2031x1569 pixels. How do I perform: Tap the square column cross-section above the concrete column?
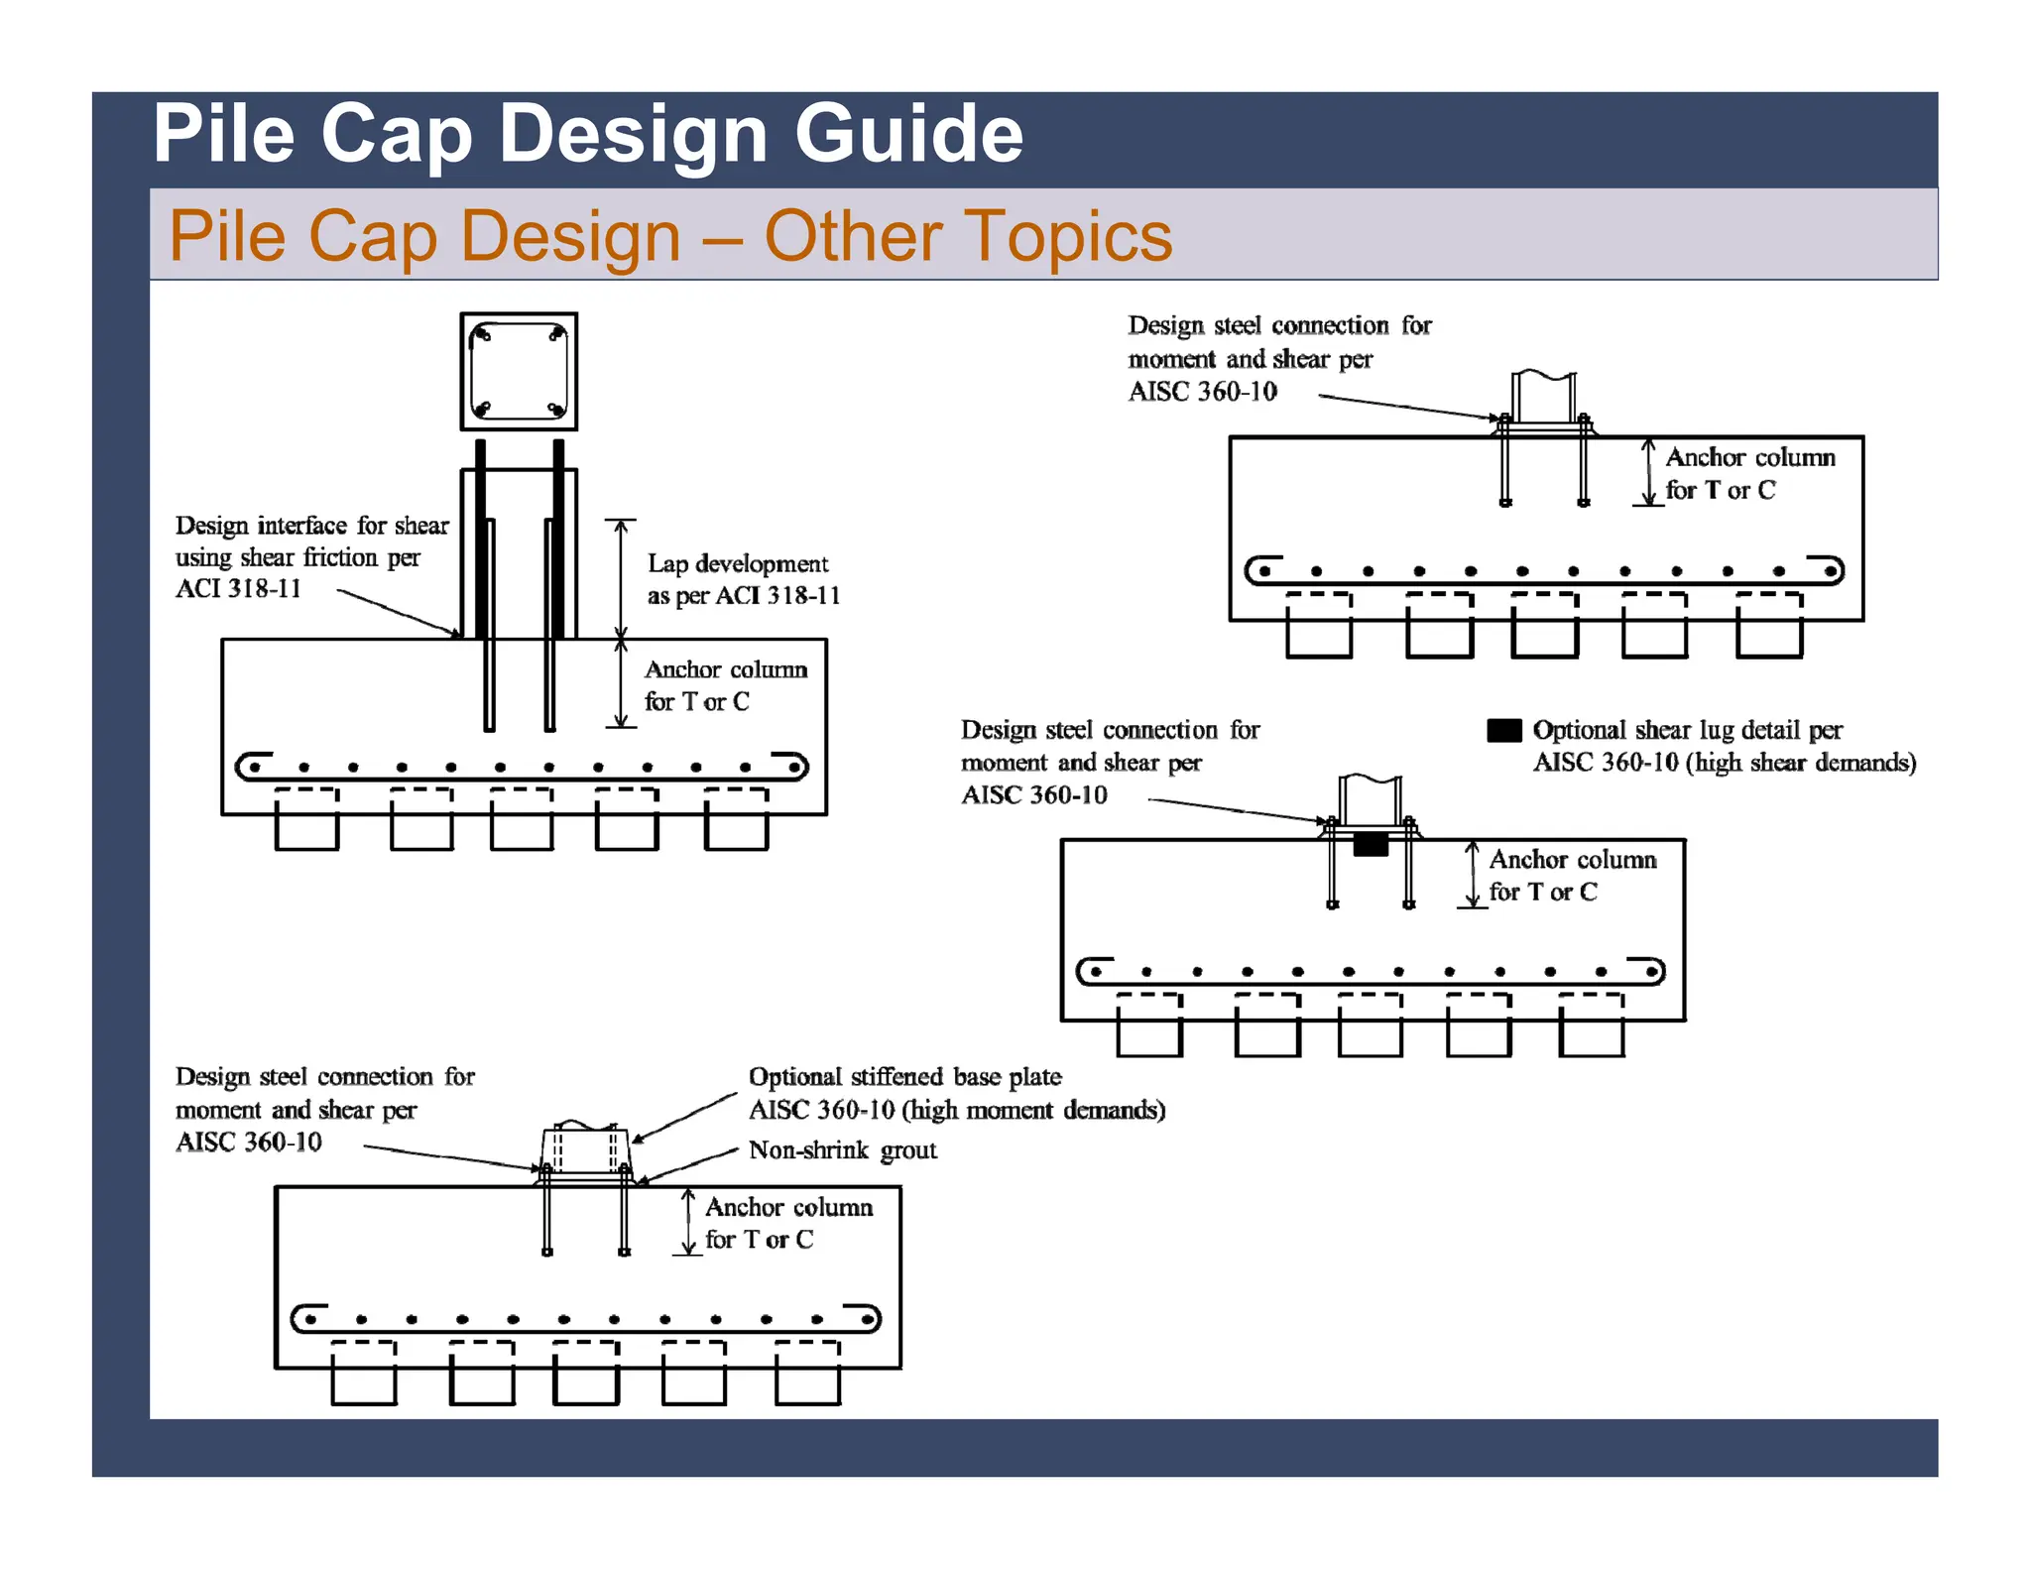pyautogui.click(x=519, y=372)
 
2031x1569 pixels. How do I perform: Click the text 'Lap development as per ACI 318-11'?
pyautogui.click(x=743, y=579)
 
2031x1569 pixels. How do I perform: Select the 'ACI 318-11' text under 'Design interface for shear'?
pyautogui.click(x=238, y=589)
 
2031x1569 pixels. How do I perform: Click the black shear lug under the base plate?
pyautogui.click(x=1371, y=844)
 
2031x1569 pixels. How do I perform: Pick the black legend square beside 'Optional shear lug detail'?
pyautogui.click(x=1503, y=731)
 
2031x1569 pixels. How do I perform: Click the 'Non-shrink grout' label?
pyautogui.click(x=842, y=1150)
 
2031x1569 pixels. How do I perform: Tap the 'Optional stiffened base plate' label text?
pyautogui.click(x=904, y=1077)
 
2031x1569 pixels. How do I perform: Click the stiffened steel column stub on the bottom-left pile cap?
pyautogui.click(x=585, y=1150)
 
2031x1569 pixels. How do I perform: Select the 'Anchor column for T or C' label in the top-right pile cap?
pyautogui.click(x=1748, y=473)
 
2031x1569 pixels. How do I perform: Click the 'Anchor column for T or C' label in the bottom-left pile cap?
pyautogui.click(x=788, y=1223)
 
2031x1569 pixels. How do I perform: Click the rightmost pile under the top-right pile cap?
pyautogui.click(x=1769, y=628)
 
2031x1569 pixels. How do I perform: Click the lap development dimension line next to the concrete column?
pyautogui.click(x=621, y=580)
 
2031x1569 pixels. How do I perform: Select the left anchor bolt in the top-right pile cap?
pyautogui.click(x=1505, y=461)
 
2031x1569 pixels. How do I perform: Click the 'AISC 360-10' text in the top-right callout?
pyautogui.click(x=1202, y=392)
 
